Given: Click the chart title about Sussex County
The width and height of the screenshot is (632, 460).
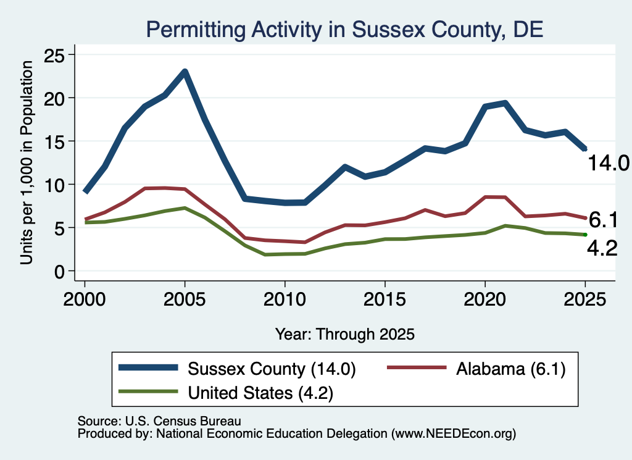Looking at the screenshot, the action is pyautogui.click(x=344, y=30).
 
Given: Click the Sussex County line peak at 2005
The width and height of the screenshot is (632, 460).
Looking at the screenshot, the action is pyautogui.click(x=185, y=72).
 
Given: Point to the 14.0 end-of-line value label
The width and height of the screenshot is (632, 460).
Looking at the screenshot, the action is pyautogui.click(x=609, y=163).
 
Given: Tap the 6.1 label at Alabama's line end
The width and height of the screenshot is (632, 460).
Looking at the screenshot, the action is pyautogui.click(x=604, y=220).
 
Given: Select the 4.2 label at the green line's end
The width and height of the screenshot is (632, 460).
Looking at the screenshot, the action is pyautogui.click(x=602, y=248).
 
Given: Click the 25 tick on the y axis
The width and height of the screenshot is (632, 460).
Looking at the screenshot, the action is pyautogui.click(x=54, y=55).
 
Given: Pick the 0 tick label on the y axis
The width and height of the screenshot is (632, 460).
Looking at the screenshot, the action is pyautogui.click(x=59, y=272).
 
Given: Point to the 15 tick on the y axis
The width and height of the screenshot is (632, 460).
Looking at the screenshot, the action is pyautogui.click(x=54, y=141).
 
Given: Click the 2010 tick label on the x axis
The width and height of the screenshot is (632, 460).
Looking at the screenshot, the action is pyautogui.click(x=285, y=299).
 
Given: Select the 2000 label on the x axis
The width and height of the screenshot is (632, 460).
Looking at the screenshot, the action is pyautogui.click(x=85, y=299).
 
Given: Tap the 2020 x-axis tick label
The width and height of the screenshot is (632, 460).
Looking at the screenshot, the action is pyautogui.click(x=485, y=299).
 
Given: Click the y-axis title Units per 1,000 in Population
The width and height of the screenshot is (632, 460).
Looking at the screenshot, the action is pyautogui.click(x=27, y=162).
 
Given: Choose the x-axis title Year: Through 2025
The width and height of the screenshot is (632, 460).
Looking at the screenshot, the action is pyautogui.click(x=345, y=334).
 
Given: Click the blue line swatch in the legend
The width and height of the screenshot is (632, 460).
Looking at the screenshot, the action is pyautogui.click(x=148, y=367).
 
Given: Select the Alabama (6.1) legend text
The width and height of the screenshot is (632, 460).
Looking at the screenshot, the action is pyautogui.click(x=511, y=369).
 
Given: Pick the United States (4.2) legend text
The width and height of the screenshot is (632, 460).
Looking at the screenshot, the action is pyautogui.click(x=261, y=393).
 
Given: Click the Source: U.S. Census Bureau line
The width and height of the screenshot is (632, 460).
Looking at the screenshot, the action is pyautogui.click(x=159, y=421).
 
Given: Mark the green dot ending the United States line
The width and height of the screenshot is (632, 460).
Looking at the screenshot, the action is pyautogui.click(x=585, y=235).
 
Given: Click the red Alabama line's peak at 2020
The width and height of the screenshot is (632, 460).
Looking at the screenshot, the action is pyautogui.click(x=485, y=197).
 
